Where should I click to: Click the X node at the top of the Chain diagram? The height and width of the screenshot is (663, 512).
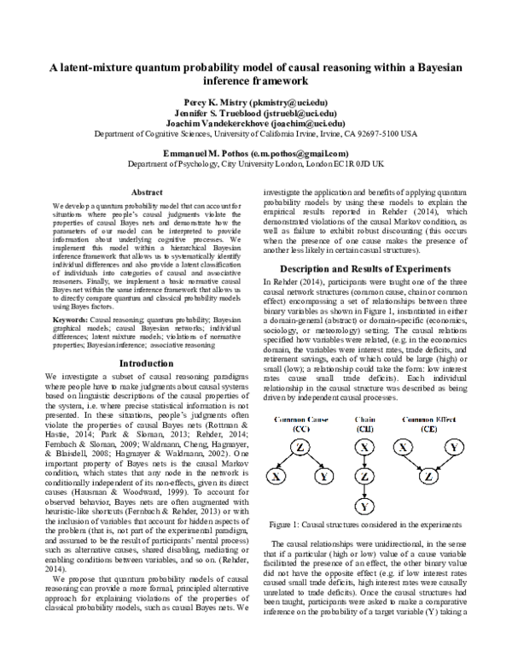coord(364,447)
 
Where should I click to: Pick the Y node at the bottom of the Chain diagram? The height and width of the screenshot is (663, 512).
coord(364,508)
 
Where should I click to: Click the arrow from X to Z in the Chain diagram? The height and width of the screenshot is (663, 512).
coord(364,462)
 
